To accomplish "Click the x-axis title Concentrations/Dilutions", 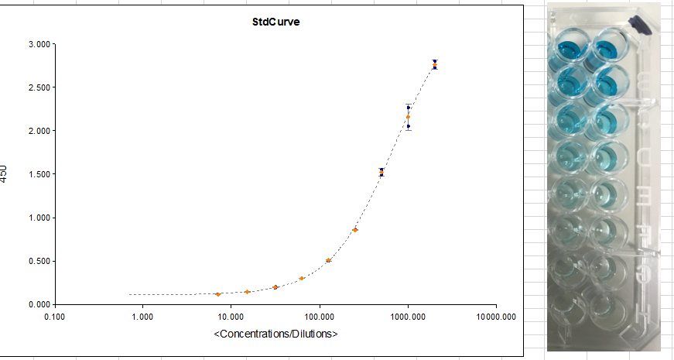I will (275, 334).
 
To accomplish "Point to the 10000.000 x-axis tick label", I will (495, 317).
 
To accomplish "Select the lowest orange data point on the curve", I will (218, 294).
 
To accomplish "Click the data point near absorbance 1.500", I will (381, 172).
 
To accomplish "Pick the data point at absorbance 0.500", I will (328, 260).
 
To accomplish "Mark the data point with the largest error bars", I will (408, 117).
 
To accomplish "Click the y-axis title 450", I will (5, 173).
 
